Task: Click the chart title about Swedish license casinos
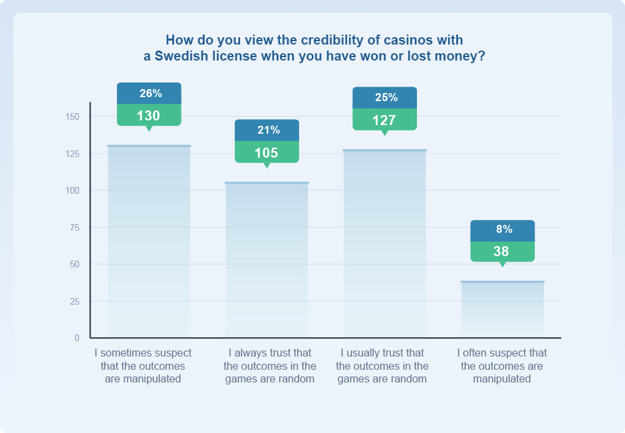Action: [x=314, y=48]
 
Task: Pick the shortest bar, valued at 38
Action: [x=502, y=309]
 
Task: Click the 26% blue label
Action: [x=149, y=93]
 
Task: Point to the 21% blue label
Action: [x=267, y=130]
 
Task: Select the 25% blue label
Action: [x=384, y=97]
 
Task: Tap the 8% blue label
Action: [x=502, y=229]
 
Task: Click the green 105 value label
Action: [x=267, y=152]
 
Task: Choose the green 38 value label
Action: [x=502, y=251]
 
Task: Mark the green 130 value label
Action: [x=149, y=115]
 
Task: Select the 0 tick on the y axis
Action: [x=77, y=339]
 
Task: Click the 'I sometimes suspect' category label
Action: [x=143, y=366]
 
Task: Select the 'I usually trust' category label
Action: [x=382, y=366]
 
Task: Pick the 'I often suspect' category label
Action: [x=502, y=366]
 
